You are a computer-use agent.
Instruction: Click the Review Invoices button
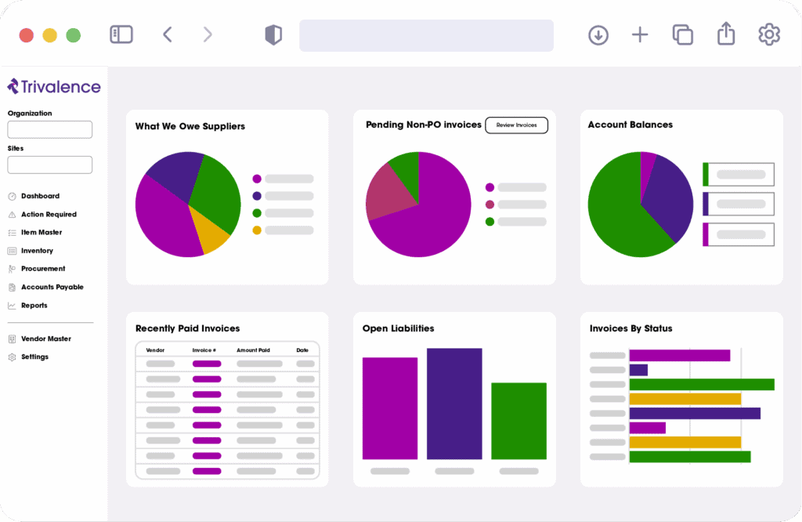coord(516,125)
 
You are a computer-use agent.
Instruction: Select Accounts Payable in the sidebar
coord(52,288)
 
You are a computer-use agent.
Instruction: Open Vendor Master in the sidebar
coord(45,339)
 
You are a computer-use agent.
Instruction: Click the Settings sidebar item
coord(34,357)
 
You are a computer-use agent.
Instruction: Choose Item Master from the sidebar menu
coord(42,233)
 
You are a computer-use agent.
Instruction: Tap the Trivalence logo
coord(54,87)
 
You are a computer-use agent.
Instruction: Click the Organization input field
coord(50,130)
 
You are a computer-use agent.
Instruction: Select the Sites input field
coord(50,165)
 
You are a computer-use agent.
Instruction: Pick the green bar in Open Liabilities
coord(518,421)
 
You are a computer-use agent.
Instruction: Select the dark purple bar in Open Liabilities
coord(454,404)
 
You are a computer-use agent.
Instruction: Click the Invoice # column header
coord(204,350)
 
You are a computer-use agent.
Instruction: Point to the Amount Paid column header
coord(253,350)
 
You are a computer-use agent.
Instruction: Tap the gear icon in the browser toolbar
coord(769,34)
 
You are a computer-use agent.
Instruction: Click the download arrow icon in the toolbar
coord(598,35)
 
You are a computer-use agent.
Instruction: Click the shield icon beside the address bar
coord(273,35)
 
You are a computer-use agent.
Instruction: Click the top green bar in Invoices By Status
coord(701,384)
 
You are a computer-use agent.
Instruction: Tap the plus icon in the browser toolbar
coord(640,35)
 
